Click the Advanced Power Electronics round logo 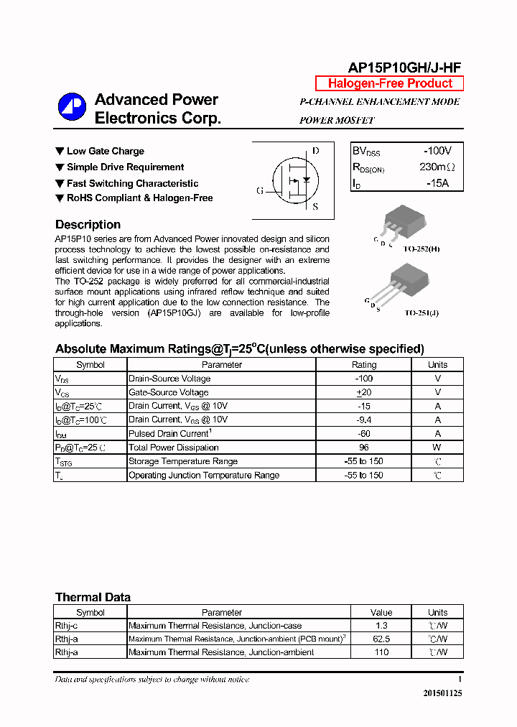[x=72, y=107]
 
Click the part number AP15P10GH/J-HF [x=404, y=68]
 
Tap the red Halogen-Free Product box [x=390, y=83]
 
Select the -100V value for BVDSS [x=437, y=151]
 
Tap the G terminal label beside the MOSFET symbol [x=260, y=190]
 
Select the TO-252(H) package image [x=403, y=223]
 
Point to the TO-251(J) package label [x=422, y=313]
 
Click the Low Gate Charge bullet [x=100, y=151]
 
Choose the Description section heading [x=88, y=224]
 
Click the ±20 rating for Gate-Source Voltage [x=363, y=392]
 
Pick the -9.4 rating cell [x=363, y=420]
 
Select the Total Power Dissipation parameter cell [x=173, y=448]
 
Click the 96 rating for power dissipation [x=363, y=448]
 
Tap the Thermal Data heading [x=93, y=597]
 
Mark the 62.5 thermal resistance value [x=381, y=639]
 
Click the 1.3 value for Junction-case [x=381, y=626]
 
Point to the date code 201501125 [x=438, y=693]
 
